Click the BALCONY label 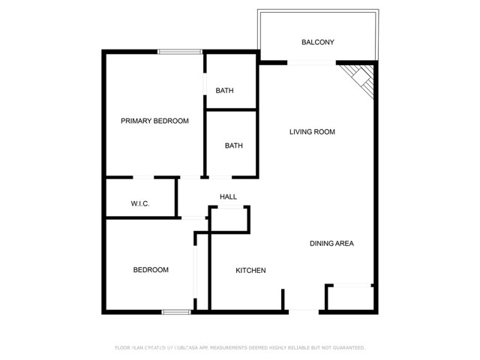317,42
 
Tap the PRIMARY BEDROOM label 154,121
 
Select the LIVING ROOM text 312,132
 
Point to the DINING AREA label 331,244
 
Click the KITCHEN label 250,271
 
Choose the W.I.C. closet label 140,203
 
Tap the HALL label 228,197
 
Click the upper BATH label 224,91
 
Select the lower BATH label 233,146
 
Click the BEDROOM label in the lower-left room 151,270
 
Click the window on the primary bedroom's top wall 180,51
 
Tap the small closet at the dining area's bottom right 349,297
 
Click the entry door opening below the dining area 304,310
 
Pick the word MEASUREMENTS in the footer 229,348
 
